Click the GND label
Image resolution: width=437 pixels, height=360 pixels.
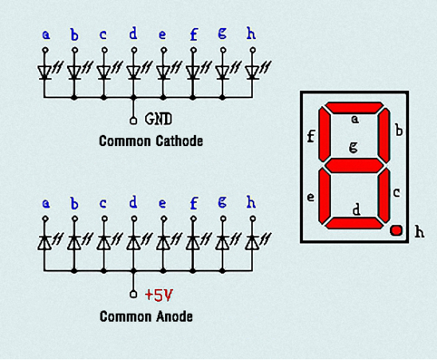(159, 119)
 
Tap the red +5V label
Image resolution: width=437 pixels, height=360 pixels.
(159, 295)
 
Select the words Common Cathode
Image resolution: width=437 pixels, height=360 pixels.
(151, 141)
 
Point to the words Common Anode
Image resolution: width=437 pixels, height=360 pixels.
(146, 316)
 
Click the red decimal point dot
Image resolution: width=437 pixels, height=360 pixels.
(396, 231)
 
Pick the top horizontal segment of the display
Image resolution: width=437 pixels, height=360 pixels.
(354, 108)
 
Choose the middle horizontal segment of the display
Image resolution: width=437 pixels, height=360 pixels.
(354, 166)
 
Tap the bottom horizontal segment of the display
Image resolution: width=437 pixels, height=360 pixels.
(354, 224)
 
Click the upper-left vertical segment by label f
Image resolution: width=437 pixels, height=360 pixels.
(324, 135)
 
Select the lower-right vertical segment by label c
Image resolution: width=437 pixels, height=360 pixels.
(384, 196)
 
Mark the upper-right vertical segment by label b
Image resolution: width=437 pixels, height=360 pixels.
(384, 136)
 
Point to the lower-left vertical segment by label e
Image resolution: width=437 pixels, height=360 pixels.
(324, 196)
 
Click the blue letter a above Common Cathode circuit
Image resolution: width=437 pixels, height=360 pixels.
(46, 35)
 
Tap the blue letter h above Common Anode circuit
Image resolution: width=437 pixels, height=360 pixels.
(251, 202)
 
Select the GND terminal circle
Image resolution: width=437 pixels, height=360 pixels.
(133, 121)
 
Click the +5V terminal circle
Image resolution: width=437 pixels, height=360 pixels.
(133, 294)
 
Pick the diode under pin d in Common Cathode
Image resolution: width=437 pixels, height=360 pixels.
(133, 73)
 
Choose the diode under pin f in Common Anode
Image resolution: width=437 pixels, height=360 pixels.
(192, 243)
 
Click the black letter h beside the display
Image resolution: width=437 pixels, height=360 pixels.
(419, 231)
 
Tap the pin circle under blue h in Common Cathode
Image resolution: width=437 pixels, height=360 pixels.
(253, 50)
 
